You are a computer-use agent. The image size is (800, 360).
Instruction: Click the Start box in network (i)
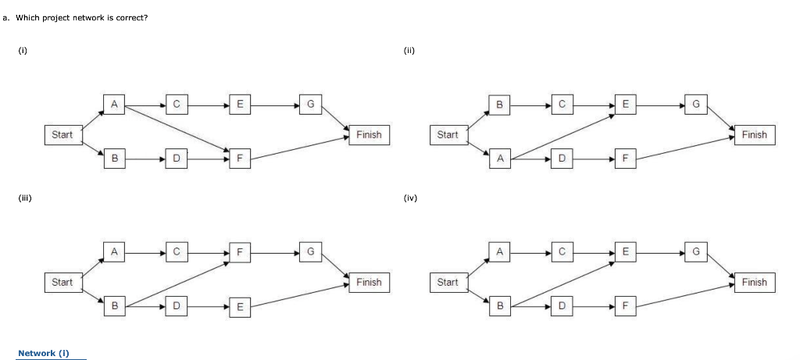(62, 134)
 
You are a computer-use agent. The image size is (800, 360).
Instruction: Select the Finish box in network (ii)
(754, 134)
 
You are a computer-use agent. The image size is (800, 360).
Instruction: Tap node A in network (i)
(114, 103)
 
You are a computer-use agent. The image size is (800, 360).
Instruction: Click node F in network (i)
(239, 159)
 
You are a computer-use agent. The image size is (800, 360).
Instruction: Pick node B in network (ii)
(499, 103)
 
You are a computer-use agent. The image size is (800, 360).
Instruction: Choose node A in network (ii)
(499, 159)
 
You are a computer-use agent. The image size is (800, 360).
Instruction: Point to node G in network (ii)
(695, 103)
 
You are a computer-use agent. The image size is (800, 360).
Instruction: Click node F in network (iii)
(239, 251)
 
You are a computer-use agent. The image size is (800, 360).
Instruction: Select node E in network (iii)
(239, 307)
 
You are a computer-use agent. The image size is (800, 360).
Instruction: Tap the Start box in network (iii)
(62, 282)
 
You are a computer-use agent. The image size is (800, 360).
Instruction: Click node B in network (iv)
(499, 307)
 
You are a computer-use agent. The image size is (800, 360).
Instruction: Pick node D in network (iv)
(561, 307)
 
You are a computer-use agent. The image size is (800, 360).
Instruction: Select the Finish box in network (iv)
(754, 282)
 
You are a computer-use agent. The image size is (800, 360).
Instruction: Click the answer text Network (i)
(44, 353)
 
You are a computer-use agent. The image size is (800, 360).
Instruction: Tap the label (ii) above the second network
(409, 51)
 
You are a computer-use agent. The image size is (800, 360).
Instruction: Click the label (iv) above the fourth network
(410, 198)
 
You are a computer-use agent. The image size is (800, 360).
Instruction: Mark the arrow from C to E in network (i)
(207, 103)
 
